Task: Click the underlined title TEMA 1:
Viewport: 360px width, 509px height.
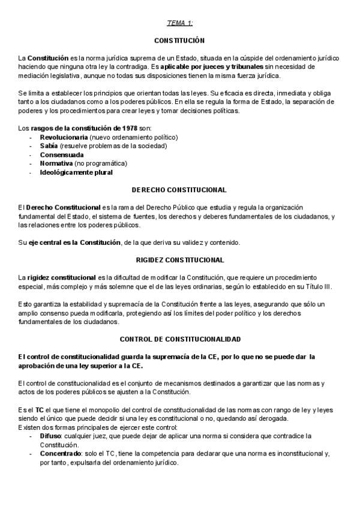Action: [180, 23]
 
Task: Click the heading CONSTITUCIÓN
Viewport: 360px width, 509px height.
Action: [179, 40]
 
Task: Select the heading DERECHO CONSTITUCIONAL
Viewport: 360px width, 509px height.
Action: [179, 190]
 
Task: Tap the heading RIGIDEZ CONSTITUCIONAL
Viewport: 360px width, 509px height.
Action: [179, 260]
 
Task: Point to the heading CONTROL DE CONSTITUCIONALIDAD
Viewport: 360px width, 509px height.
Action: [179, 339]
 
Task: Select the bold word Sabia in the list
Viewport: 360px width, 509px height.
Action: [49, 146]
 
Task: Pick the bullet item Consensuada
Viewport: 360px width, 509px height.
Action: [62, 154]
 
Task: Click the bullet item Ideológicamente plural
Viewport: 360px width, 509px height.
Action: [76, 172]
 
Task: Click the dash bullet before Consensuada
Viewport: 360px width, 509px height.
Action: [31, 155]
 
